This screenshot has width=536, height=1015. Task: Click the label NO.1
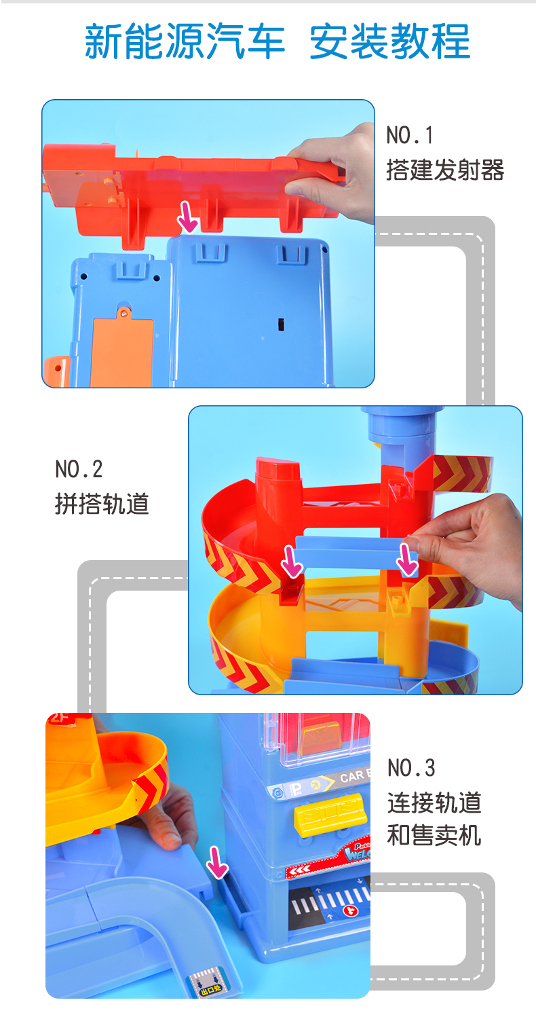(x=409, y=135)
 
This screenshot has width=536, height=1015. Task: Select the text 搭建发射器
(x=445, y=170)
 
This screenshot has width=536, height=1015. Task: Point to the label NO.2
(x=79, y=469)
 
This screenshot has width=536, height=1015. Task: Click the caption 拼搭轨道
(x=102, y=504)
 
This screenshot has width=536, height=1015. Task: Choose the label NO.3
(x=411, y=768)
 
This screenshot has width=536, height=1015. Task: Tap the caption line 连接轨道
(x=434, y=802)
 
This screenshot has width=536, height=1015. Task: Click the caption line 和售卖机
(x=434, y=835)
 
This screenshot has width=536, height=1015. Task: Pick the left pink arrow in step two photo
(x=292, y=561)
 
